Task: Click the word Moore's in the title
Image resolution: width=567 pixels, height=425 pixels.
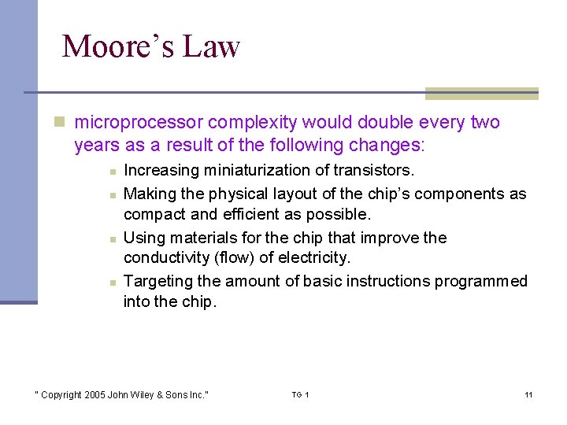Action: click(x=117, y=46)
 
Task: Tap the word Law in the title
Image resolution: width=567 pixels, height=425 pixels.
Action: click(x=210, y=46)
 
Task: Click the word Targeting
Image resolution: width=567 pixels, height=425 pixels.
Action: click(x=156, y=281)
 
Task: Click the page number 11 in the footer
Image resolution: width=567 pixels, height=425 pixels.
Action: click(x=528, y=394)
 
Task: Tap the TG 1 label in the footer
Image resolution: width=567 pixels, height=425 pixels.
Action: click(x=301, y=394)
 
